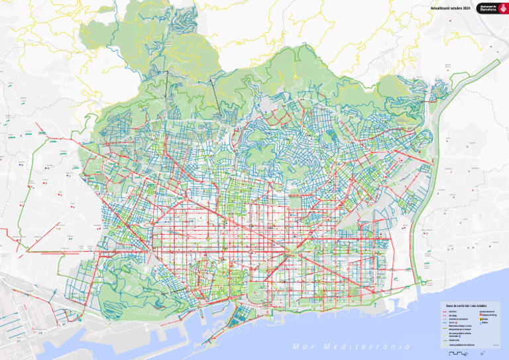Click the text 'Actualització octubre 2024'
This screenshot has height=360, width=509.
point(450,8)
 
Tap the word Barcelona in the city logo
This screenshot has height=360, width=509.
point(487,10)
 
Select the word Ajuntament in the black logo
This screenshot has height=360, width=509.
point(487,6)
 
